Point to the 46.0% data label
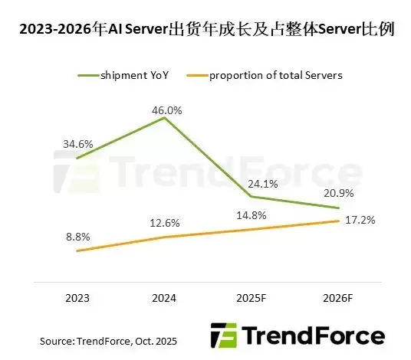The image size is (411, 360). pyautogui.click(x=166, y=110)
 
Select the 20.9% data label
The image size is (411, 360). pyautogui.click(x=337, y=191)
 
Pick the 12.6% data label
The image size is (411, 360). pyautogui.click(x=166, y=223)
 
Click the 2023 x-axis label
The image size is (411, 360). pyautogui.click(x=77, y=299)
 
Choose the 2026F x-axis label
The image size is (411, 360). pyautogui.click(x=337, y=299)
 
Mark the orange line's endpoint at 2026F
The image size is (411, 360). pyautogui.click(x=338, y=221)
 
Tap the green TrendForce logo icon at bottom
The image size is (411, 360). pyautogui.click(x=224, y=335)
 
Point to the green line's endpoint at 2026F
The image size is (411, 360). pyautogui.click(x=338, y=208)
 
